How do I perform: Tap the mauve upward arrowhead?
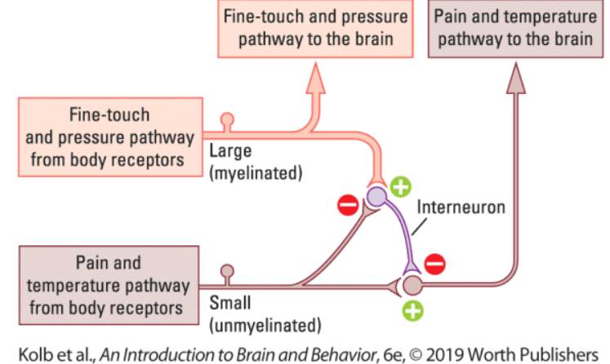[515, 79]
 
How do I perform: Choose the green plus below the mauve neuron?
[415, 311]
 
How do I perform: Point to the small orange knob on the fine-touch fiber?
[227, 119]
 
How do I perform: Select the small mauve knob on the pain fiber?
[228, 271]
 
